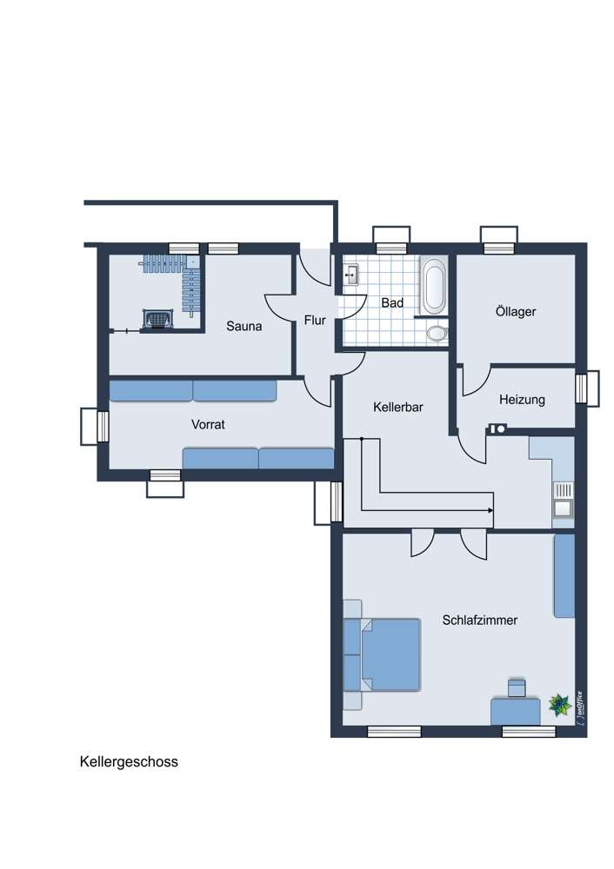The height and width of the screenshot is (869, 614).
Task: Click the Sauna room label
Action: click(x=244, y=327)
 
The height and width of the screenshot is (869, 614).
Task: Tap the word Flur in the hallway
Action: click(x=315, y=321)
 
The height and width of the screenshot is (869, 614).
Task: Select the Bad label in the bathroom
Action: click(x=392, y=303)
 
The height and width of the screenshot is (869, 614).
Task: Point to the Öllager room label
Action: click(x=516, y=311)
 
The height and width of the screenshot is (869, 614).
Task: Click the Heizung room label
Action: click(x=522, y=400)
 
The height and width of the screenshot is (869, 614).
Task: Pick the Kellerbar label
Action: click(x=398, y=408)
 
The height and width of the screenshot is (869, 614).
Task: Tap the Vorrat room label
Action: click(x=208, y=425)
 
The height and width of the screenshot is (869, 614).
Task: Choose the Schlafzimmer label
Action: click(x=480, y=620)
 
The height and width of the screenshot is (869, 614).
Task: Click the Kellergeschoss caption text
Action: click(x=130, y=762)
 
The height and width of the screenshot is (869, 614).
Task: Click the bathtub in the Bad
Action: click(x=433, y=287)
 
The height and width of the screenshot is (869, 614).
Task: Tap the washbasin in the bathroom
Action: click(x=350, y=275)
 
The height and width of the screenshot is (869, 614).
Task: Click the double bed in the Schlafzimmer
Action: click(x=382, y=654)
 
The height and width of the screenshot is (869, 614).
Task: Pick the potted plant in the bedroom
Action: click(x=560, y=705)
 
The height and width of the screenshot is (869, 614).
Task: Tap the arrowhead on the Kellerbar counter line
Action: click(x=491, y=510)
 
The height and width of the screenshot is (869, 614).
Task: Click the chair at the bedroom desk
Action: click(x=517, y=687)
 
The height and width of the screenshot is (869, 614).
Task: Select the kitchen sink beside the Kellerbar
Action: click(x=563, y=507)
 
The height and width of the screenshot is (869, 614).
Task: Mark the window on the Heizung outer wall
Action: click(x=586, y=388)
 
